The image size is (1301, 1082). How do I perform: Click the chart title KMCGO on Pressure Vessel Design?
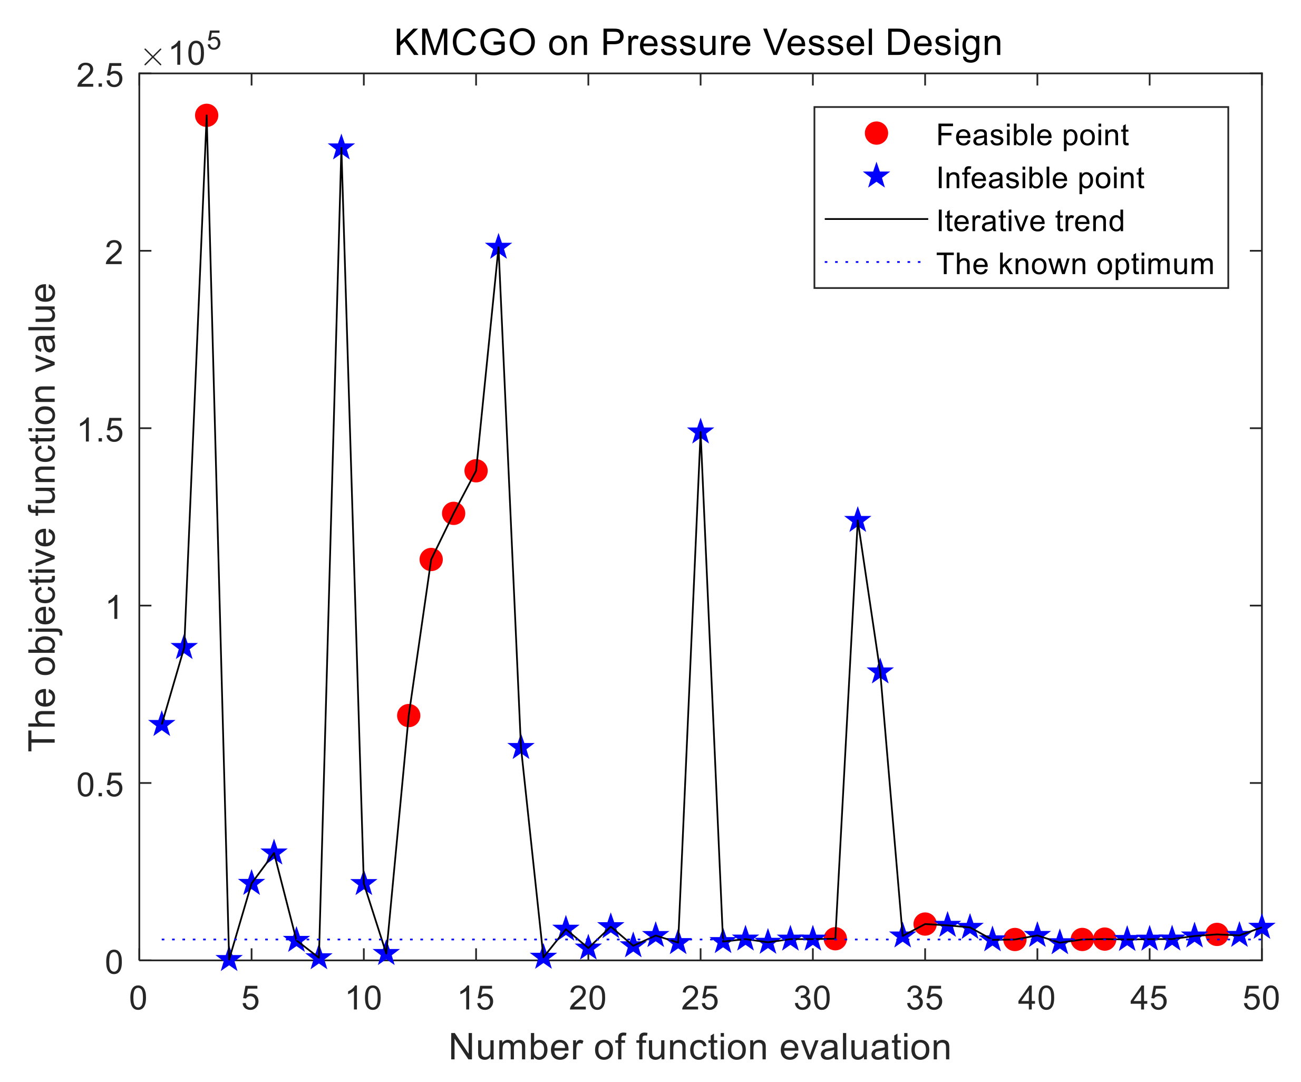(x=698, y=43)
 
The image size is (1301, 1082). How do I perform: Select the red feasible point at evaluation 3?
(x=206, y=115)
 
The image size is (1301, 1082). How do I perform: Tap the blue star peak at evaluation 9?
(x=341, y=149)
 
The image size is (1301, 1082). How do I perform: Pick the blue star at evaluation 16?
(x=498, y=248)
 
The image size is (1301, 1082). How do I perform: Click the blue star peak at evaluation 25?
(x=700, y=432)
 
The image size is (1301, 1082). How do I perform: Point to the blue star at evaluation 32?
(x=858, y=520)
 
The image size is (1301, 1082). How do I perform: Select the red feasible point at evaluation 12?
(x=408, y=716)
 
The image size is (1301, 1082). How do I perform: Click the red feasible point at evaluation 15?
(x=476, y=470)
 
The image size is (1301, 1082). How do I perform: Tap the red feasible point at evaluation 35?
(x=924, y=924)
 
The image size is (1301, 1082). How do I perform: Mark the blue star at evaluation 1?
(x=162, y=724)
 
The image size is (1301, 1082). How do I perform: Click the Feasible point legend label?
(x=1032, y=135)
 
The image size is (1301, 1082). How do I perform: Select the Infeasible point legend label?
(x=1040, y=178)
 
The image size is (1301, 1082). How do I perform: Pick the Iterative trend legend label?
(x=1030, y=221)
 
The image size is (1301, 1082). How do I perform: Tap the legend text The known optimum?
(x=1075, y=264)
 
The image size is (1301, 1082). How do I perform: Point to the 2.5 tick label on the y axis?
(x=100, y=77)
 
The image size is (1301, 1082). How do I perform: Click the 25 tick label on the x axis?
(x=700, y=999)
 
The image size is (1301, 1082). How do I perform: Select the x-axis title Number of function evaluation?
(x=700, y=1048)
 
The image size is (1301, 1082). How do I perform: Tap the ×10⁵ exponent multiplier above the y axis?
(x=182, y=52)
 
